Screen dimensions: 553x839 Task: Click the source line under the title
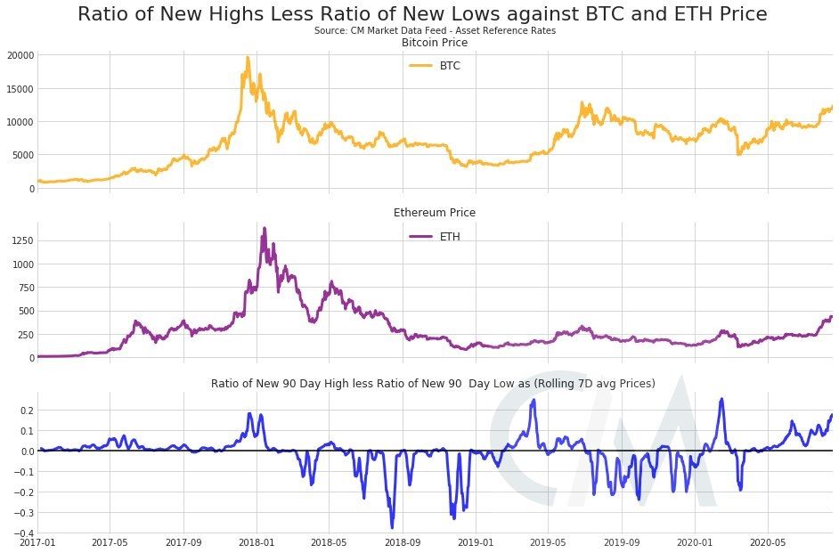point(435,31)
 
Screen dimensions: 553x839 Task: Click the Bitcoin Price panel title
point(435,43)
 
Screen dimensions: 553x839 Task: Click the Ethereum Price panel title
point(435,213)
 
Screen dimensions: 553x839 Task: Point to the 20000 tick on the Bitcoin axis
point(19,55)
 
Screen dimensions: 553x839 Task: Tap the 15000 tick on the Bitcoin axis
point(19,89)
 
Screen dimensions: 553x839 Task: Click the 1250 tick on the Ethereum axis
point(21,240)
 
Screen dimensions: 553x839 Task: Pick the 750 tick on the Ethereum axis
point(24,288)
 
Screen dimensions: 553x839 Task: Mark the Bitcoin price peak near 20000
point(248,58)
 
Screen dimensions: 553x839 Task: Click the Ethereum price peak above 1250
point(264,229)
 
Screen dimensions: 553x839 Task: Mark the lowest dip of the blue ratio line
point(392,527)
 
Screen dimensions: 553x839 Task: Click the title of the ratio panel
point(433,383)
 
